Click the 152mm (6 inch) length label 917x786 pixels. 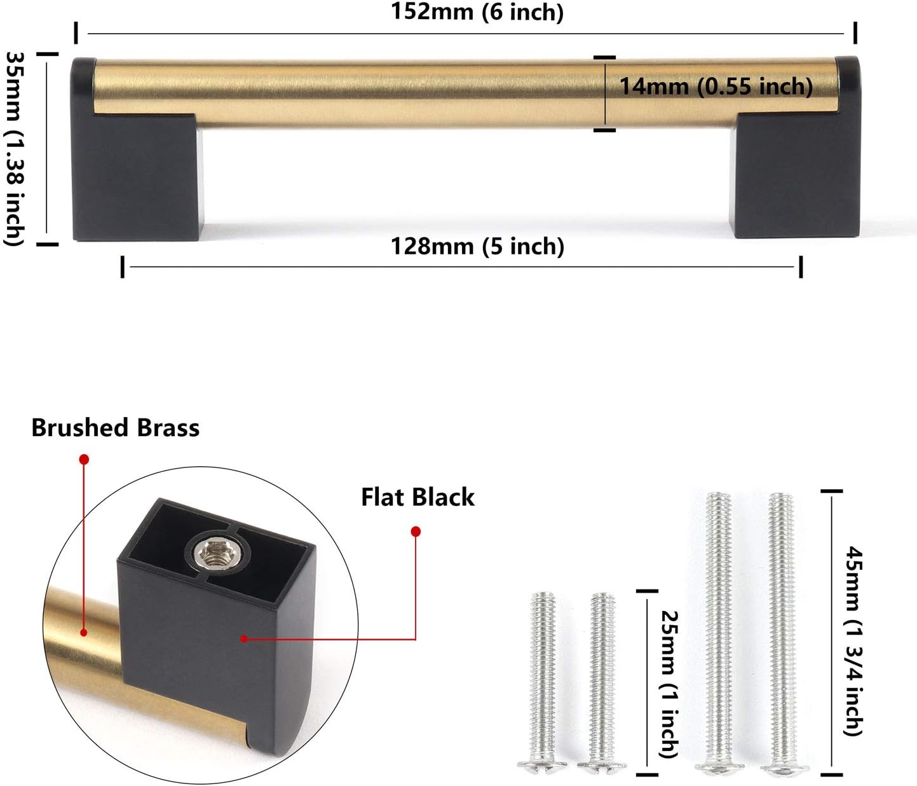coord(477,12)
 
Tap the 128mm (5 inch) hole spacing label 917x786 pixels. coord(477,247)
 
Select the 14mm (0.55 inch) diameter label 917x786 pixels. coord(716,86)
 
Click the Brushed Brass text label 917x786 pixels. coord(115,428)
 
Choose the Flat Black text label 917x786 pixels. coord(418,497)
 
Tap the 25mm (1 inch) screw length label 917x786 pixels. coord(670,684)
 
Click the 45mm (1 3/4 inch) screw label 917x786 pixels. coord(853,640)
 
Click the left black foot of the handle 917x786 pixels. coord(137,178)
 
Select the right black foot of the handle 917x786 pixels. coord(796,178)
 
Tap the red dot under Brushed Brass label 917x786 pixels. coord(84,459)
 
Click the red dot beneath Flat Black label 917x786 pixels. coord(416,531)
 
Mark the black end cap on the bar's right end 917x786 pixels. coord(846,73)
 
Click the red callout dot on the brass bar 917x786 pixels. coord(83,632)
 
